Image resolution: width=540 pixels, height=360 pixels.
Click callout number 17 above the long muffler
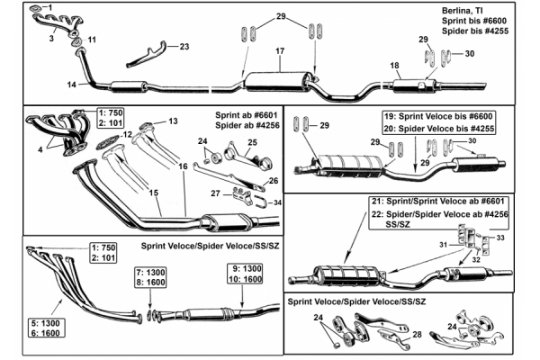[x=280, y=52]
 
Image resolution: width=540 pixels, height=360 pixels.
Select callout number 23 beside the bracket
[x=184, y=45]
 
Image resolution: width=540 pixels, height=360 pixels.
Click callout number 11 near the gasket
[x=92, y=40]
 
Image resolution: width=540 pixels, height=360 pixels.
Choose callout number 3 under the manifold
[x=52, y=40]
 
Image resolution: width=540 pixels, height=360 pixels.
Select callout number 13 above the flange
[x=174, y=121]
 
